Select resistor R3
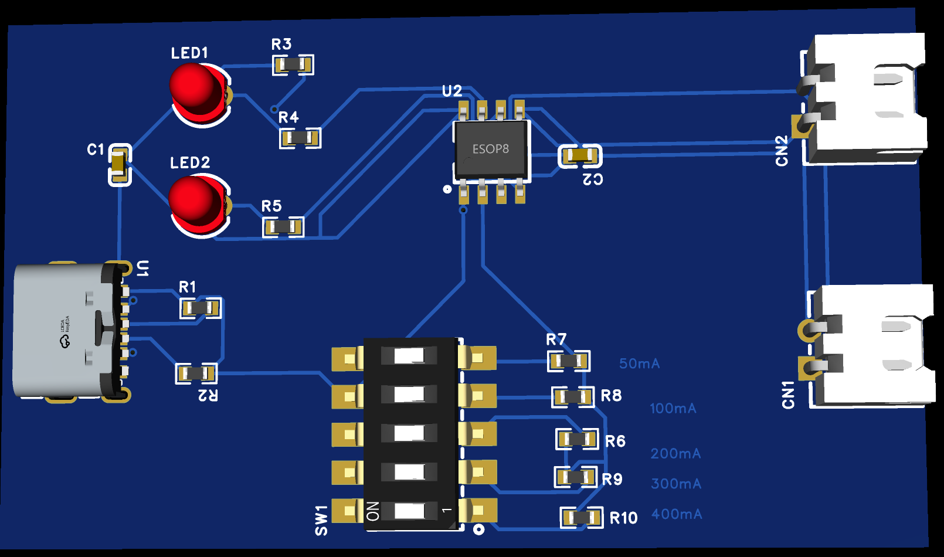(293, 64)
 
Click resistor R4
(300, 138)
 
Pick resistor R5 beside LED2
(283, 227)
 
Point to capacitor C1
(120, 165)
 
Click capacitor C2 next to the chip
(580, 156)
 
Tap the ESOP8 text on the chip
(491, 150)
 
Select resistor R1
(201, 308)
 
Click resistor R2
(196, 373)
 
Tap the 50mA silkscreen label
(639, 364)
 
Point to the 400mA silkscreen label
(677, 514)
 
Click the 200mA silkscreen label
(675, 454)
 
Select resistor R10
(581, 518)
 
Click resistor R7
(569, 361)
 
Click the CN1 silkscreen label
(788, 395)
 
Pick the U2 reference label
(452, 91)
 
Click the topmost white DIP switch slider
(409, 356)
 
